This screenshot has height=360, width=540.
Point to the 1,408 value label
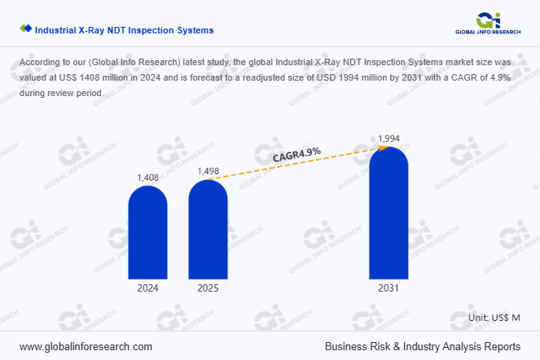tap(148, 177)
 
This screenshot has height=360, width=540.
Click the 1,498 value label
tap(209, 171)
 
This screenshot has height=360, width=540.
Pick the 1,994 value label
tap(389, 138)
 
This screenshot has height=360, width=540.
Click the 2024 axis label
tap(148, 288)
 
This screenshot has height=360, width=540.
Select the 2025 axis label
tap(209, 288)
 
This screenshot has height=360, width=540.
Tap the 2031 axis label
tap(389, 288)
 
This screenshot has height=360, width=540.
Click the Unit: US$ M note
tap(494, 316)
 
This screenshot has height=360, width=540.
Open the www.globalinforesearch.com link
tap(86, 346)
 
